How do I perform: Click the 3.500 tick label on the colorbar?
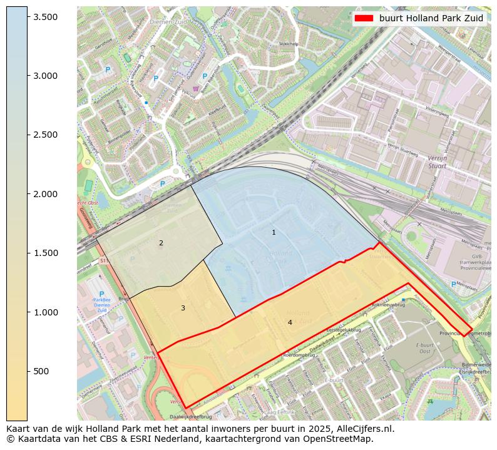[x=46, y=17]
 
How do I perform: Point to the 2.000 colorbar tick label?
[x=46, y=194]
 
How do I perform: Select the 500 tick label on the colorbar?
[x=41, y=371]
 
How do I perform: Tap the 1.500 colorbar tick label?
[x=46, y=253]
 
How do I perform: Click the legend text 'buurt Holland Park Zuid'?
[x=431, y=18]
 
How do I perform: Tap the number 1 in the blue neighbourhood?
[x=274, y=233]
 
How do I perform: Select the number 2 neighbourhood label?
[x=161, y=243]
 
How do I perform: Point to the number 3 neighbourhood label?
[x=183, y=308]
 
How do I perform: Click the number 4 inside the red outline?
[x=290, y=322]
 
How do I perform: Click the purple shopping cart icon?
[x=196, y=89]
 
